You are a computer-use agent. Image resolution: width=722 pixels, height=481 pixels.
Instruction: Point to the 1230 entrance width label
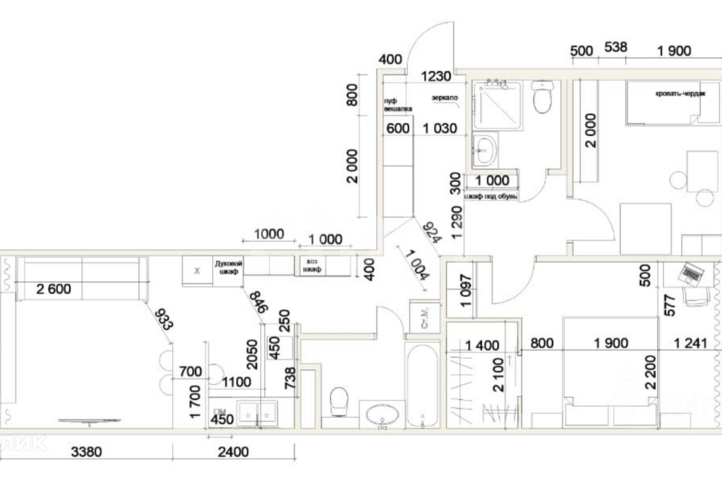pos(435,76)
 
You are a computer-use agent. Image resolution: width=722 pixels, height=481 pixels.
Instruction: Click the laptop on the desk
pos(693,274)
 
